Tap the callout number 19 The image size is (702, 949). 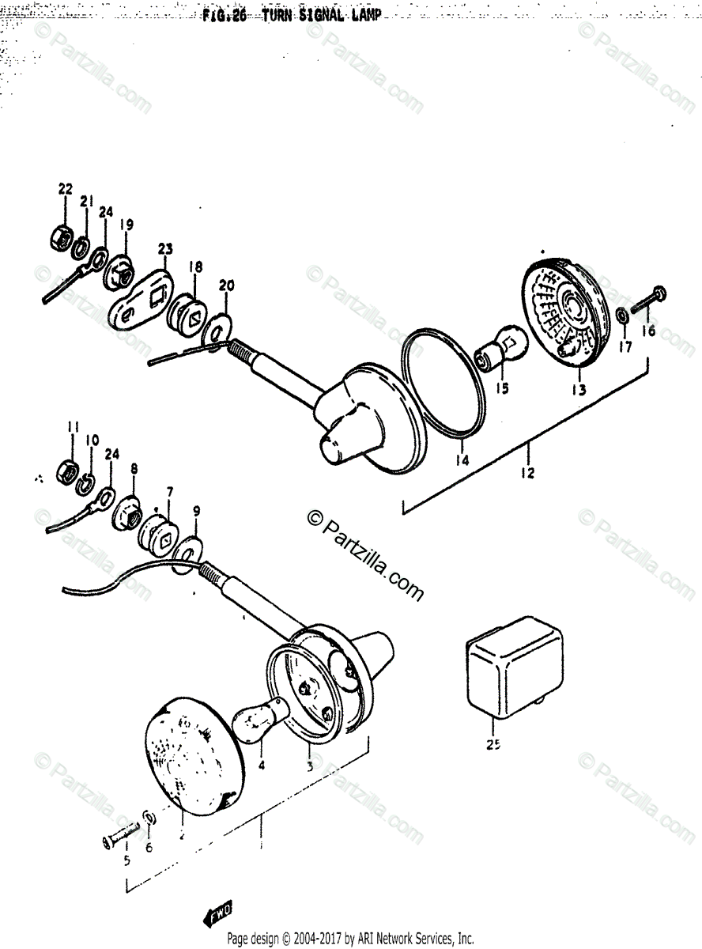coord(126,224)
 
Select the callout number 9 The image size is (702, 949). coord(196,512)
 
